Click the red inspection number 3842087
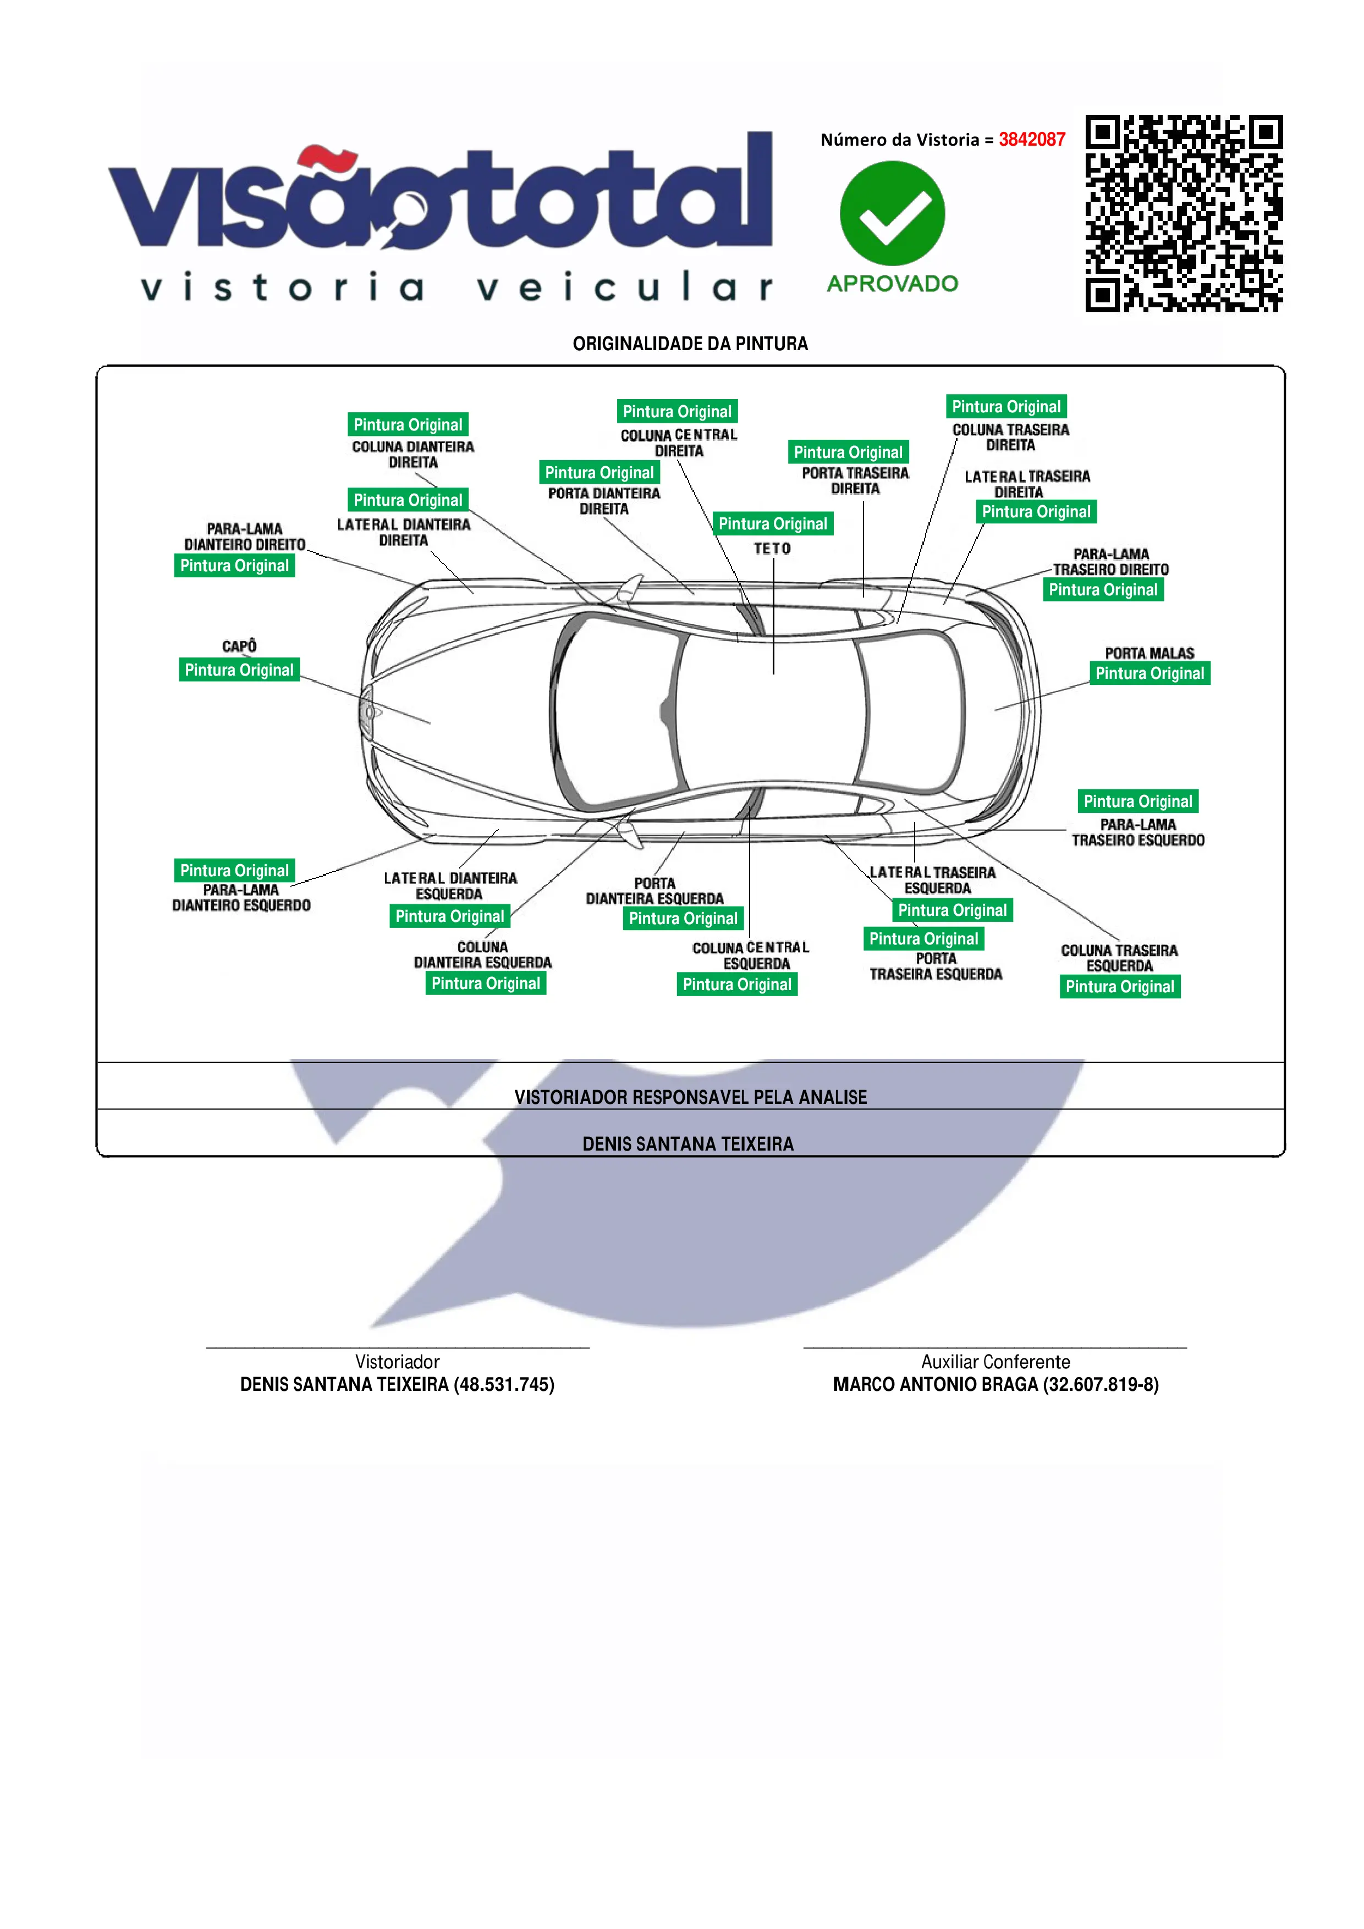pyautogui.click(x=1031, y=140)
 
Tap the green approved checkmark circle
pyautogui.click(x=892, y=213)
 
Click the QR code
pyautogui.click(x=1183, y=213)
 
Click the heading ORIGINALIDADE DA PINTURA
pyautogui.click(x=690, y=344)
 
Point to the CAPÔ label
pyautogui.click(x=239, y=646)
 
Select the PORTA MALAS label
pyautogui.click(x=1149, y=653)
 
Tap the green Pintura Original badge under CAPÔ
pyautogui.click(x=239, y=670)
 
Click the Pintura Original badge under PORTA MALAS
pyautogui.click(x=1149, y=673)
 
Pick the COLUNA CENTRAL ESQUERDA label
pyautogui.click(x=751, y=956)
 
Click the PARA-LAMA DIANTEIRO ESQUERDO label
pyautogui.click(x=241, y=897)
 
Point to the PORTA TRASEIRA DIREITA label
pyautogui.click(x=855, y=480)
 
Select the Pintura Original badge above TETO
pyautogui.click(x=772, y=523)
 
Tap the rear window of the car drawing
pyautogui.click(x=912, y=712)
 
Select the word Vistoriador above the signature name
pyautogui.click(x=397, y=1362)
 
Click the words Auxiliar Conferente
pyautogui.click(x=995, y=1362)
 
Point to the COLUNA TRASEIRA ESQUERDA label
pyautogui.click(x=1119, y=958)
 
